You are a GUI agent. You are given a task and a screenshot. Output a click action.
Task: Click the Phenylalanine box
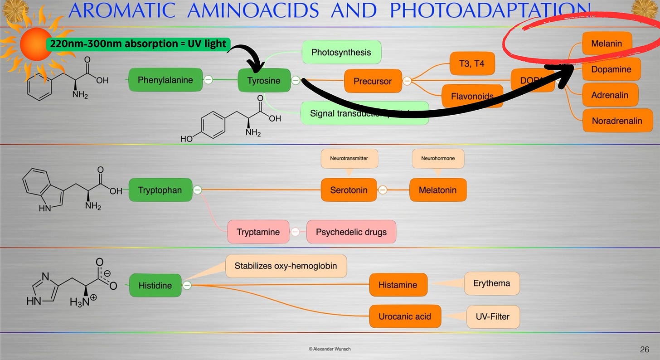165,80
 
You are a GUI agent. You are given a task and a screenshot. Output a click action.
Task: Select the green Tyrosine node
264,81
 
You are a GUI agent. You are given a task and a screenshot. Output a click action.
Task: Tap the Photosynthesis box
341,52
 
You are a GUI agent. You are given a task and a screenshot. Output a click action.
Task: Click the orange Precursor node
373,82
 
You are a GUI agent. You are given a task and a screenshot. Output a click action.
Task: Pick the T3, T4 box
471,63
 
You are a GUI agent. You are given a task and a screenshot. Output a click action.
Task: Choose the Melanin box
607,44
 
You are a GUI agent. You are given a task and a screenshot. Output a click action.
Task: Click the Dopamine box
611,69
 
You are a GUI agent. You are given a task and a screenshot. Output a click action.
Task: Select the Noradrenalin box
617,121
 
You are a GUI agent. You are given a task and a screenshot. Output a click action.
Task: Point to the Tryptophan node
160,190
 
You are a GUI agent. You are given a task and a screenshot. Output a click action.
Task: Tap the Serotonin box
349,190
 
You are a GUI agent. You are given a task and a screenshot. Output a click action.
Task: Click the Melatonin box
437,190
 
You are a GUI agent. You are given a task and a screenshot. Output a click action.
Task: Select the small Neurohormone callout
438,158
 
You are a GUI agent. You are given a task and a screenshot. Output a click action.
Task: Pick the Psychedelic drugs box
351,232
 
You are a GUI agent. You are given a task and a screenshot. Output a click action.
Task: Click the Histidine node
155,285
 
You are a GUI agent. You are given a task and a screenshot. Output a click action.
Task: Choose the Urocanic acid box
404,316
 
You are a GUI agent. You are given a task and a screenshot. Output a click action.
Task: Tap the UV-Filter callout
493,316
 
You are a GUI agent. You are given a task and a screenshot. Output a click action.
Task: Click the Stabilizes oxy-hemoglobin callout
286,266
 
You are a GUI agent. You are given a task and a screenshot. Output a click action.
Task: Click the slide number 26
644,349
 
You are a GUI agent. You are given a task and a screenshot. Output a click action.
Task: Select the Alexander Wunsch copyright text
330,349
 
